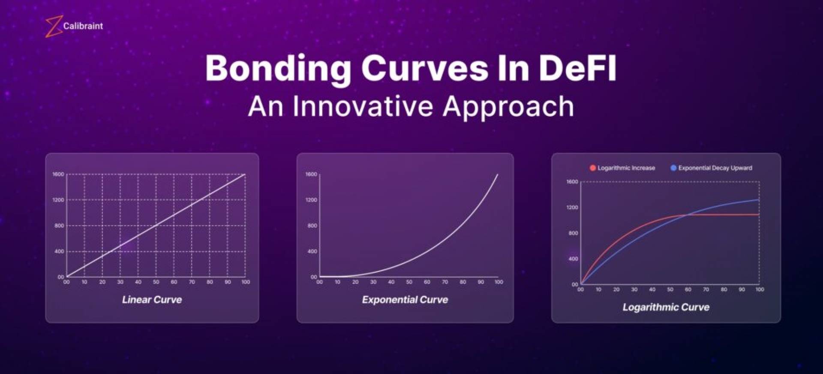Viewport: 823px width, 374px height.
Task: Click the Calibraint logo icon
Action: (x=54, y=27)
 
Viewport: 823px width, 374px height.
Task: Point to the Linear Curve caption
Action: (x=152, y=299)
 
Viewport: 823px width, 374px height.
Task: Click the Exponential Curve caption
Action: (x=405, y=299)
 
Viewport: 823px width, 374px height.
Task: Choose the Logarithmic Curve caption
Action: (x=666, y=307)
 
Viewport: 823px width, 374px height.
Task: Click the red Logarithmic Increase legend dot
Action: (x=593, y=168)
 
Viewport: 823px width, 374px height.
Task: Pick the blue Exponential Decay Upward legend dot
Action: (x=673, y=168)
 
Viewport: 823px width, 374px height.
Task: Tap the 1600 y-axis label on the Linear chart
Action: (x=58, y=174)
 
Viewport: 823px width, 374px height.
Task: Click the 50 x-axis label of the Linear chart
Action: (x=156, y=282)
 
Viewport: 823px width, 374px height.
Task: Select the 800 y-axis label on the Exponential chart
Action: (x=312, y=226)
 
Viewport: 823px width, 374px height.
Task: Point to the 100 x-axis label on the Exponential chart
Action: (x=499, y=282)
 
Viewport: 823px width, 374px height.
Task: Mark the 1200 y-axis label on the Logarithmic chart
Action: (x=572, y=207)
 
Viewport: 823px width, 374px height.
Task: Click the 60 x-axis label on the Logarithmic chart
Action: (x=688, y=290)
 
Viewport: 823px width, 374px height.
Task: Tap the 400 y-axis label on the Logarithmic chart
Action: (x=573, y=259)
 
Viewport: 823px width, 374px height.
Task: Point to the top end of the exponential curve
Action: (x=498, y=174)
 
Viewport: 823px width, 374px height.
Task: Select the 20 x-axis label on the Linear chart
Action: (x=102, y=282)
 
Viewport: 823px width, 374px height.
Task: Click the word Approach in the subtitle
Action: (x=508, y=107)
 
